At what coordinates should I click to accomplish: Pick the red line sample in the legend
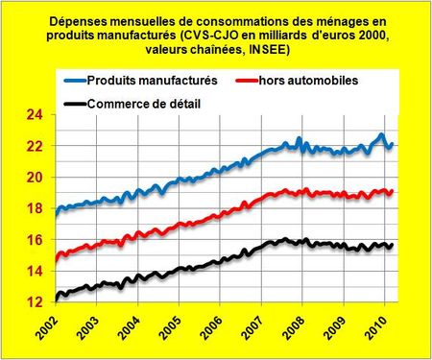coord(254,82)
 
